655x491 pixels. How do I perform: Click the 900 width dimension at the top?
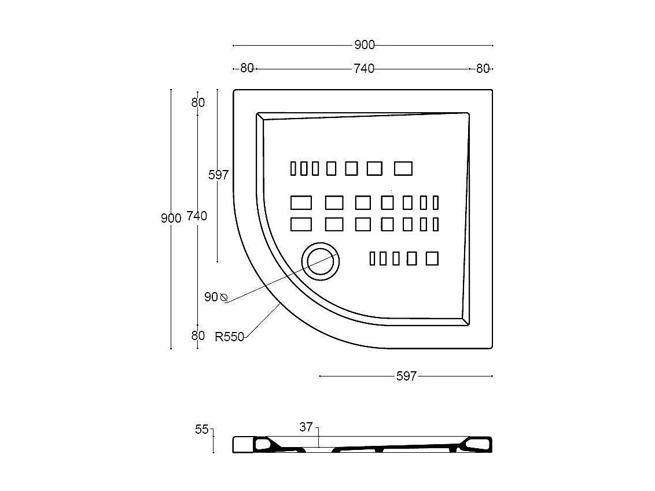364,45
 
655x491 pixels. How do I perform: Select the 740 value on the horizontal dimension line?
364,69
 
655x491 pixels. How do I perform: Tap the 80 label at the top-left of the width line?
247,68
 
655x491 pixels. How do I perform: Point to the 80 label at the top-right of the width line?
483,69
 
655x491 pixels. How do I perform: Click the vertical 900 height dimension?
171,218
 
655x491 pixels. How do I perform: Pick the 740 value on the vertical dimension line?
197,216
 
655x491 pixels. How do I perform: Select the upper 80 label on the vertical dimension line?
198,103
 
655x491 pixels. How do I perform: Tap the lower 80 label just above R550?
198,335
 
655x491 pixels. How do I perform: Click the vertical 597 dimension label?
218,175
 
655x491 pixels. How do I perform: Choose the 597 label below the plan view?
406,376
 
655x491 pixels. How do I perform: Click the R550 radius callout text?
229,337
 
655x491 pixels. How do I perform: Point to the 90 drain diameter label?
211,297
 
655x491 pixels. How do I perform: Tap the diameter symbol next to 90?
224,298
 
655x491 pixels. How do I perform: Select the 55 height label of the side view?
201,430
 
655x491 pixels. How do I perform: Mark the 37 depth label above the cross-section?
306,427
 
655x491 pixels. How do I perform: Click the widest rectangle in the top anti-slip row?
403,169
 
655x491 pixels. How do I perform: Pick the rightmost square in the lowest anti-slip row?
432,259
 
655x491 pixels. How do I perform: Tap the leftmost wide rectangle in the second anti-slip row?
301,203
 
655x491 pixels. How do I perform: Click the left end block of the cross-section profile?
242,445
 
